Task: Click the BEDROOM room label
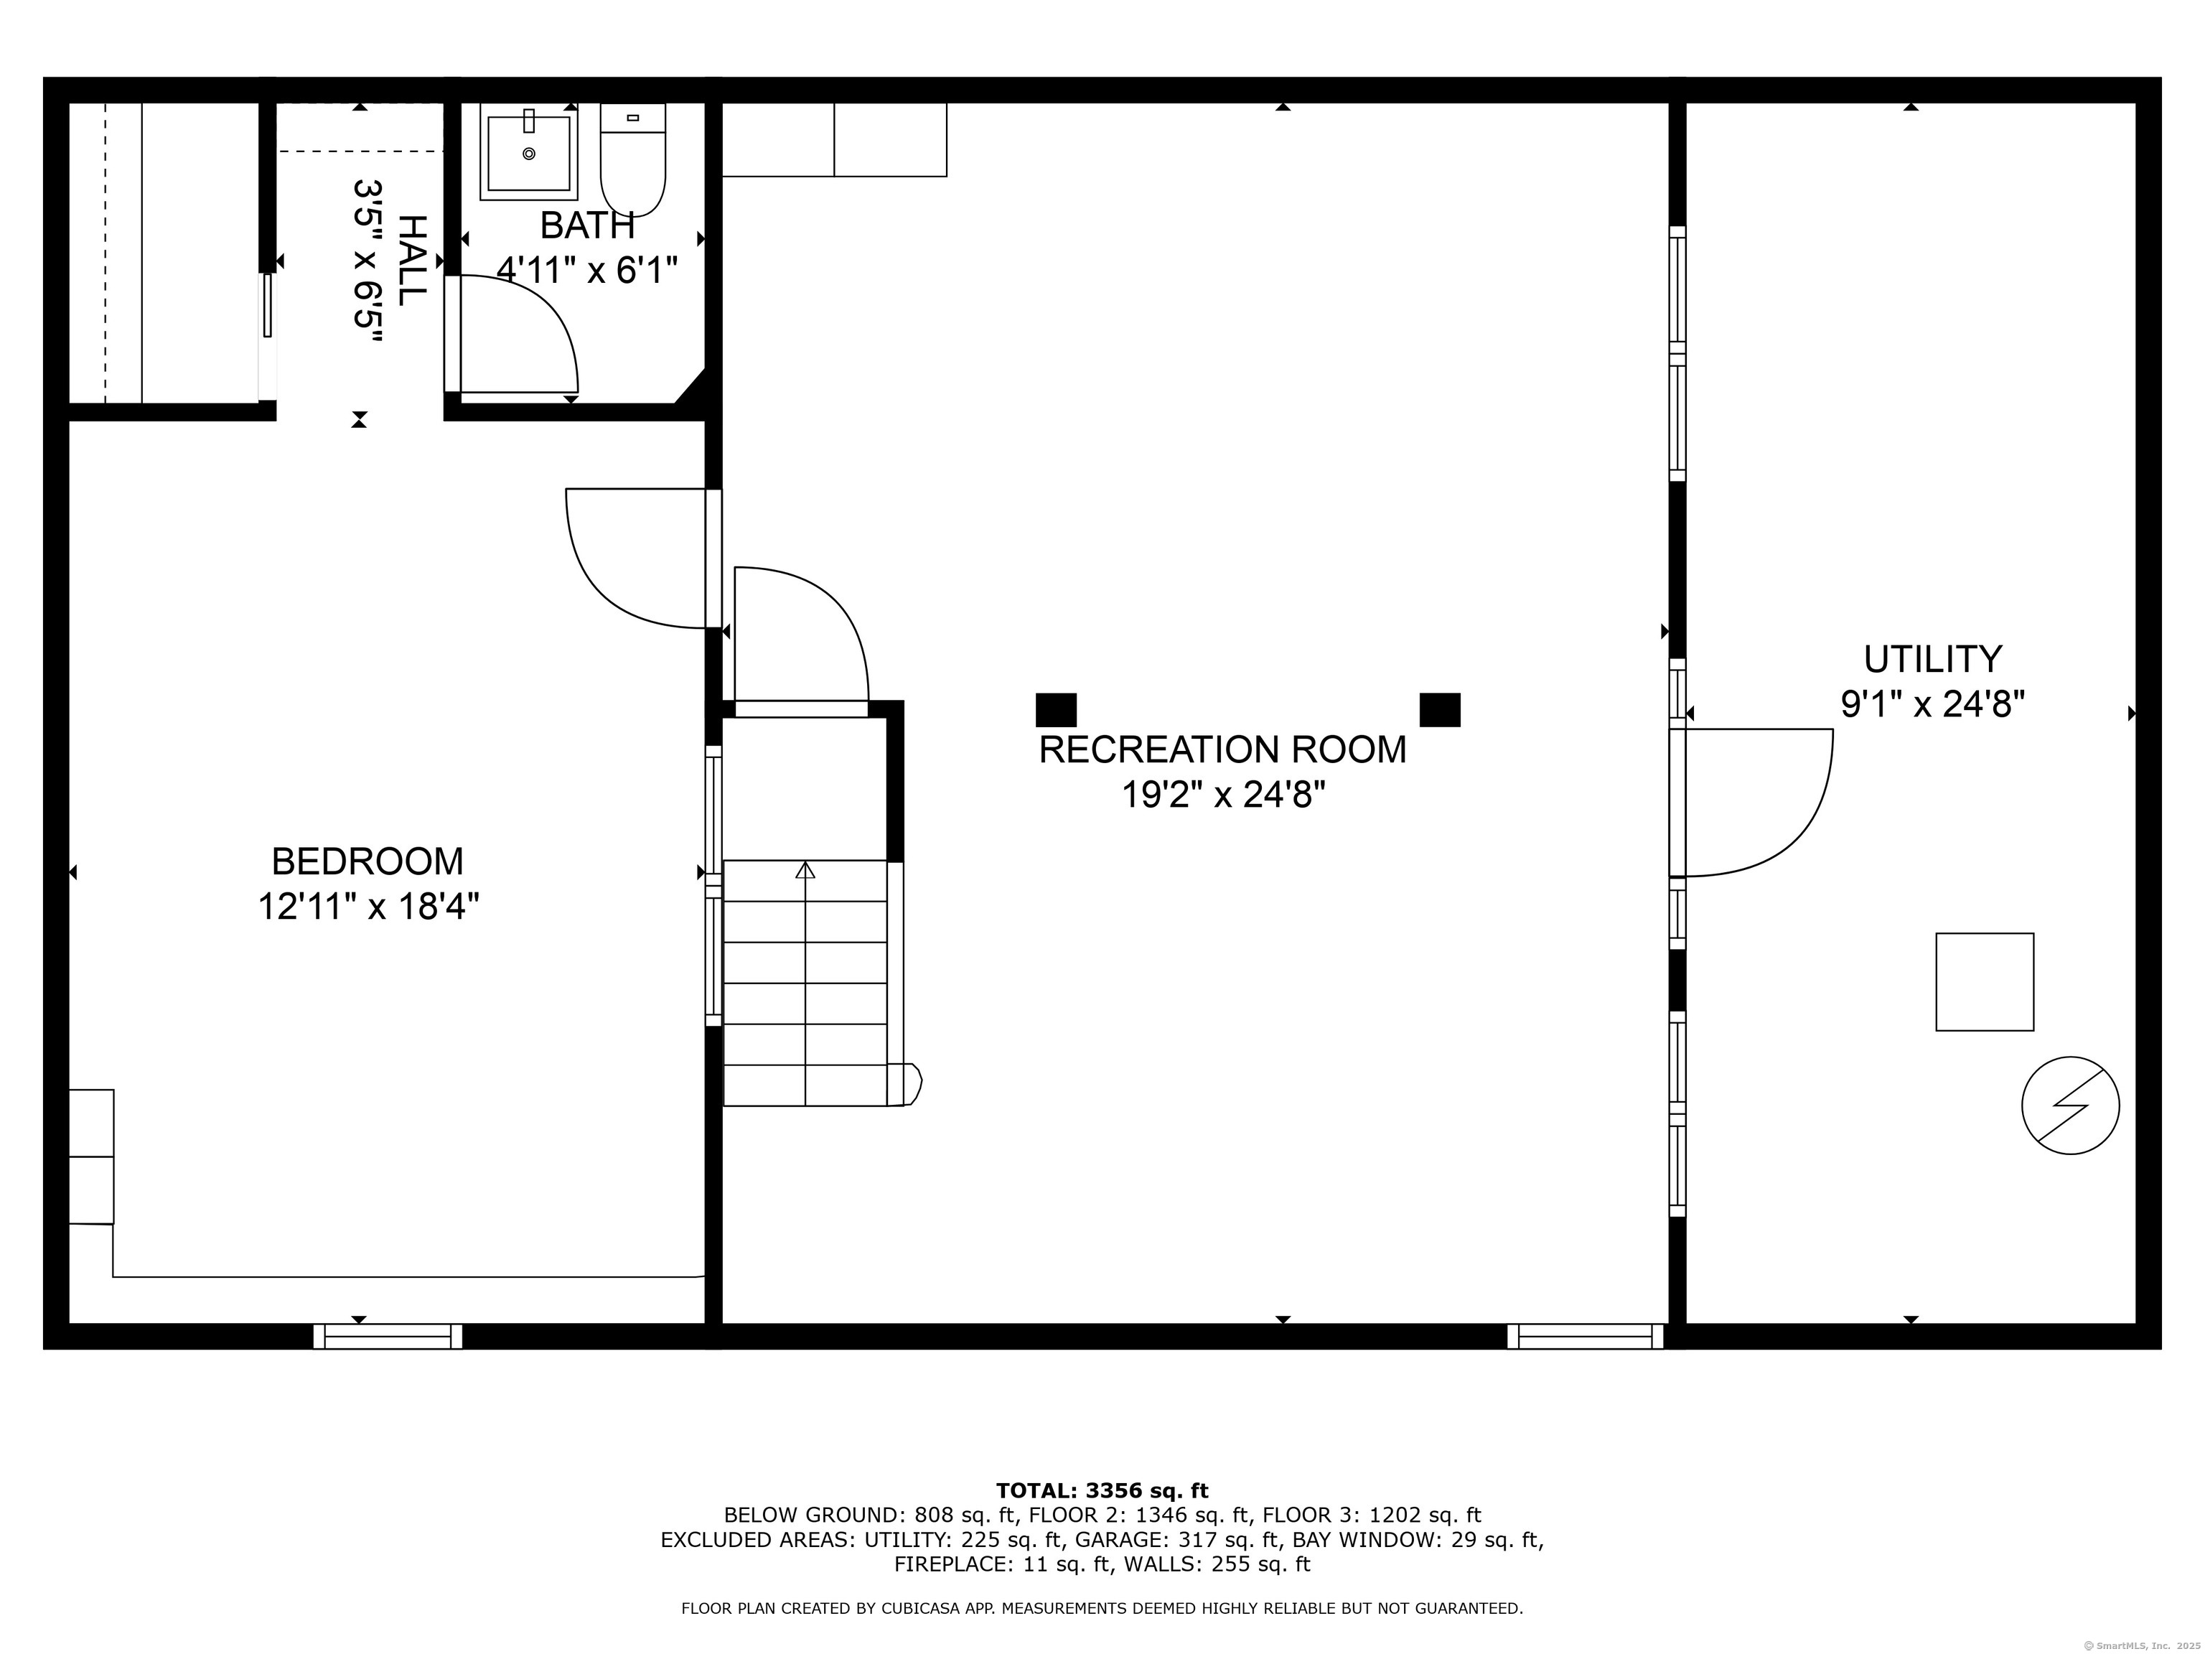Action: click(367, 861)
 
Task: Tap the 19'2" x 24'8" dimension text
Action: click(1223, 795)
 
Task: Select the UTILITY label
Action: click(1932, 659)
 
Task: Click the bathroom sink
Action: click(528, 152)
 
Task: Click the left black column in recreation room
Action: click(1056, 710)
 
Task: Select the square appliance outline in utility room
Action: click(1984, 982)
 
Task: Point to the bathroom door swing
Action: click(518, 334)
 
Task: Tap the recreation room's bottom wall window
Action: click(1585, 1336)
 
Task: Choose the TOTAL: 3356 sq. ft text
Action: click(1102, 1490)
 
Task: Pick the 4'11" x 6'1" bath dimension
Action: click(587, 270)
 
